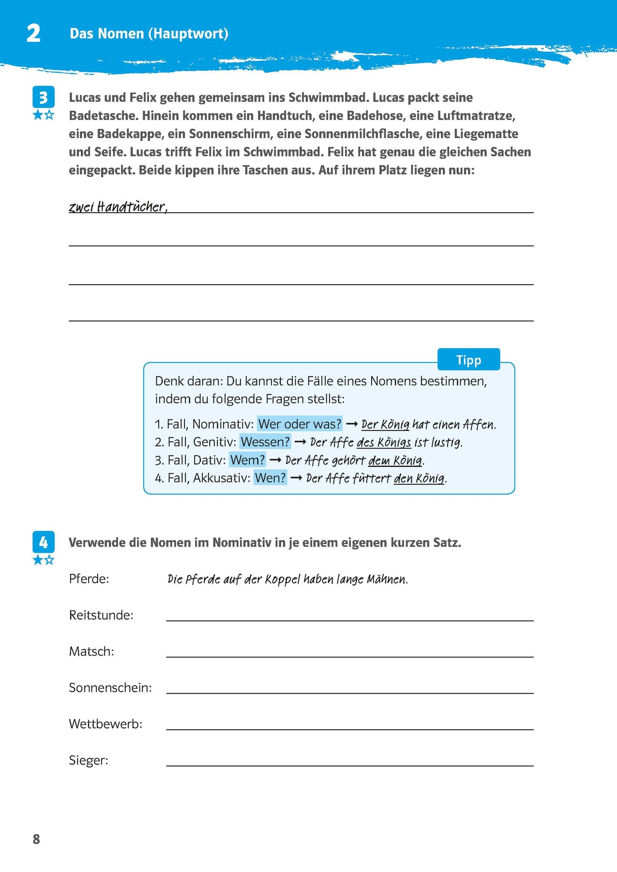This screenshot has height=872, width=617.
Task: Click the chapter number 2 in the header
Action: pyautogui.click(x=33, y=34)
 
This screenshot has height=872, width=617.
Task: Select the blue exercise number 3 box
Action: pyautogui.click(x=43, y=97)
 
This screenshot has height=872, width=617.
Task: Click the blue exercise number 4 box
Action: pyautogui.click(x=43, y=542)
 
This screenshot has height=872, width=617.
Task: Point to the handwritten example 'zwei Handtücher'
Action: pyautogui.click(x=118, y=207)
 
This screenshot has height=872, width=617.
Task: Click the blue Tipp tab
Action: pyautogui.click(x=468, y=360)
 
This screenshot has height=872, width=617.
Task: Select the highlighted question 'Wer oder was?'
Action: pyautogui.click(x=300, y=424)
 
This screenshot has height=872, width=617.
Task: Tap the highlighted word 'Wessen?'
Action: pyautogui.click(x=265, y=442)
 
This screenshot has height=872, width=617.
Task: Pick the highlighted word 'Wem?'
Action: pyautogui.click(x=247, y=460)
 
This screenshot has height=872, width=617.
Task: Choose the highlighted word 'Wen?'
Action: pyautogui.click(x=270, y=478)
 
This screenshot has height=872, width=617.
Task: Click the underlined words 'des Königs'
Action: pyautogui.click(x=384, y=442)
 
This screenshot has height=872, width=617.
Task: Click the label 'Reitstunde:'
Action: pyautogui.click(x=101, y=615)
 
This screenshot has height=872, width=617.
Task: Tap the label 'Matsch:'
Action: pyautogui.click(x=91, y=652)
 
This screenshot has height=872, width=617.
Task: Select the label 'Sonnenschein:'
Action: pyautogui.click(x=110, y=688)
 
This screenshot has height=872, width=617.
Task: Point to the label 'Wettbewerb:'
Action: pyautogui.click(x=105, y=724)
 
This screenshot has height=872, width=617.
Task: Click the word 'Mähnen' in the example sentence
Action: pyautogui.click(x=387, y=579)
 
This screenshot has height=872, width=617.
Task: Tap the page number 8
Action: pyautogui.click(x=36, y=840)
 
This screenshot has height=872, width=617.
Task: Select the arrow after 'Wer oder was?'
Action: pyautogui.click(x=352, y=424)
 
